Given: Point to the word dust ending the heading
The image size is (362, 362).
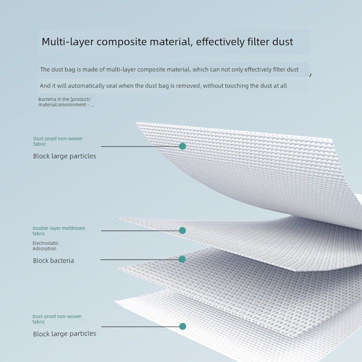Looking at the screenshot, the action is (x=282, y=42).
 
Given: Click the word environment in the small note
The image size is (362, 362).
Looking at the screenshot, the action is (x=72, y=105).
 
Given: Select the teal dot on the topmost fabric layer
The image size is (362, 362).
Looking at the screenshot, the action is (x=182, y=146).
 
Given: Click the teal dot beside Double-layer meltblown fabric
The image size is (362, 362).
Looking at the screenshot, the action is (x=182, y=230).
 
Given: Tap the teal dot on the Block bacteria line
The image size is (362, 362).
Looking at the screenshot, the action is (x=182, y=259).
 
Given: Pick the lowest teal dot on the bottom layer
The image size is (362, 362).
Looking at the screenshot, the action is (x=183, y=326).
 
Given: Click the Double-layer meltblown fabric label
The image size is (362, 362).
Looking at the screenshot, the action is (x=59, y=231).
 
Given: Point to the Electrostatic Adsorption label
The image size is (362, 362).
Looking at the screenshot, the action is (x=46, y=246).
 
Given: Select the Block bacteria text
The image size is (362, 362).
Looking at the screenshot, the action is (x=53, y=261).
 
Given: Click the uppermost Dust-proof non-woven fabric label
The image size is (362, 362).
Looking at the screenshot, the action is (x=58, y=141).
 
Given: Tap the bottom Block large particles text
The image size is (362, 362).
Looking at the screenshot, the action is (x=64, y=334).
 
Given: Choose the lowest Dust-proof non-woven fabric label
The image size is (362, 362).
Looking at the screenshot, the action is (x=57, y=319).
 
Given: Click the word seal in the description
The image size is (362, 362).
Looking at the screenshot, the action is (x=111, y=86).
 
